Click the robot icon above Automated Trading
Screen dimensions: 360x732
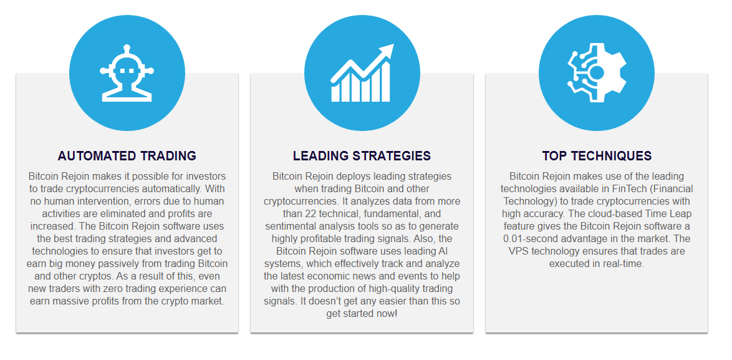click(x=127, y=73)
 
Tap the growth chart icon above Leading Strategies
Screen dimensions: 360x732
click(x=362, y=73)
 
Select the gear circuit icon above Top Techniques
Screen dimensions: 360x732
click(x=597, y=73)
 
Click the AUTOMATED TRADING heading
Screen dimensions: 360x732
click(x=127, y=156)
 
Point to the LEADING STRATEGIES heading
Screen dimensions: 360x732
click(x=362, y=156)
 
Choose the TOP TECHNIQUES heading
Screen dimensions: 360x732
click(x=597, y=156)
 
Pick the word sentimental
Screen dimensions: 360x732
click(x=299, y=226)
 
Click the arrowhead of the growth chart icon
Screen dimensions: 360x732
click(x=388, y=50)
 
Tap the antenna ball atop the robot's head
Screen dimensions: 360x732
click(x=127, y=49)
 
